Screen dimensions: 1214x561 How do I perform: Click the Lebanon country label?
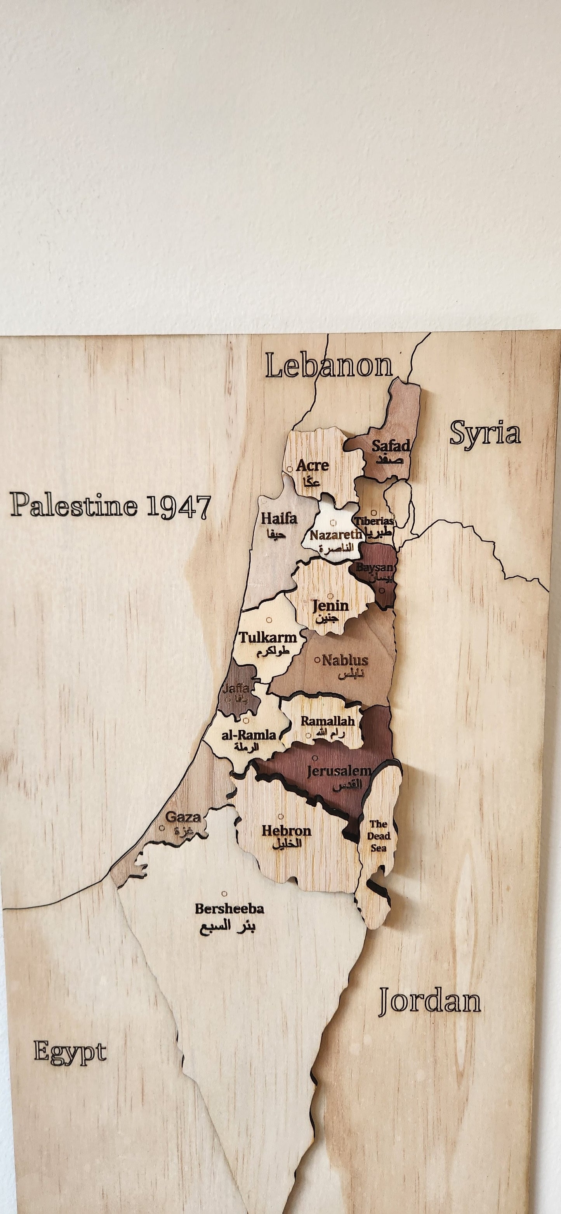point(328,366)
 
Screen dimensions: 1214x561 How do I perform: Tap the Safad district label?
point(390,446)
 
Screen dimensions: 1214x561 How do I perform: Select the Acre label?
point(312,466)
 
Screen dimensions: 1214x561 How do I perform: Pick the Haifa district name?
point(279,519)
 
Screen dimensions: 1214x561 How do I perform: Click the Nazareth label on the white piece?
point(336,535)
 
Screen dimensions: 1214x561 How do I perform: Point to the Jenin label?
point(331,605)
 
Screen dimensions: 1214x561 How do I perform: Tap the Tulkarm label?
point(268,638)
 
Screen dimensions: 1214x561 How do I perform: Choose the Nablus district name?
point(345,660)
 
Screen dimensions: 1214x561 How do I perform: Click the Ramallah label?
point(328,721)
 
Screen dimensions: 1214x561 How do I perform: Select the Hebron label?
point(287,831)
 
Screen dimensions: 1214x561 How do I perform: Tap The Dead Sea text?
point(379,836)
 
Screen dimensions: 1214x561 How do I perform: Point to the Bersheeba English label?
point(229,909)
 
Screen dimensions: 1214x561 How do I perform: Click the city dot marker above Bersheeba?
point(224,893)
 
